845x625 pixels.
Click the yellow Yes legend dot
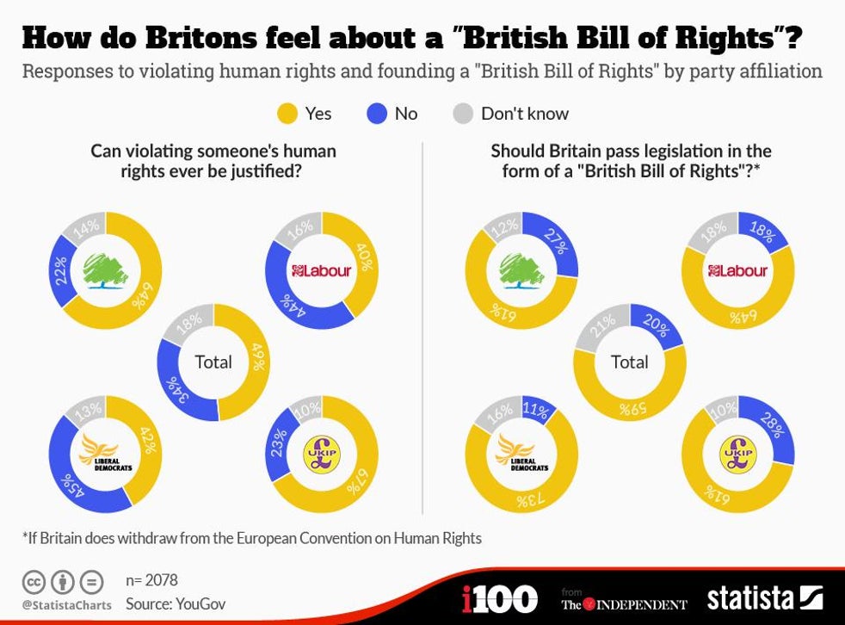click(288, 113)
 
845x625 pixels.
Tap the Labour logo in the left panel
click(322, 271)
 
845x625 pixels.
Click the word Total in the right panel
click(629, 362)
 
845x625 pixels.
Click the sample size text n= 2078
click(151, 580)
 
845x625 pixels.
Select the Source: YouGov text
click(176, 603)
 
